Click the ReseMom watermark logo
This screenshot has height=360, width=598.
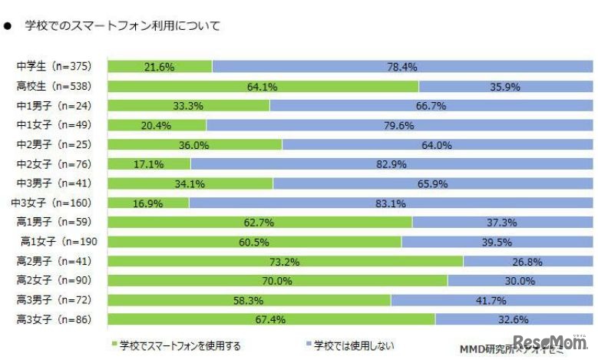click(x=550, y=343)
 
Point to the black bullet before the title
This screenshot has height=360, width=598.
click(x=8, y=26)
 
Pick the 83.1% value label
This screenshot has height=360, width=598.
click(x=392, y=203)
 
